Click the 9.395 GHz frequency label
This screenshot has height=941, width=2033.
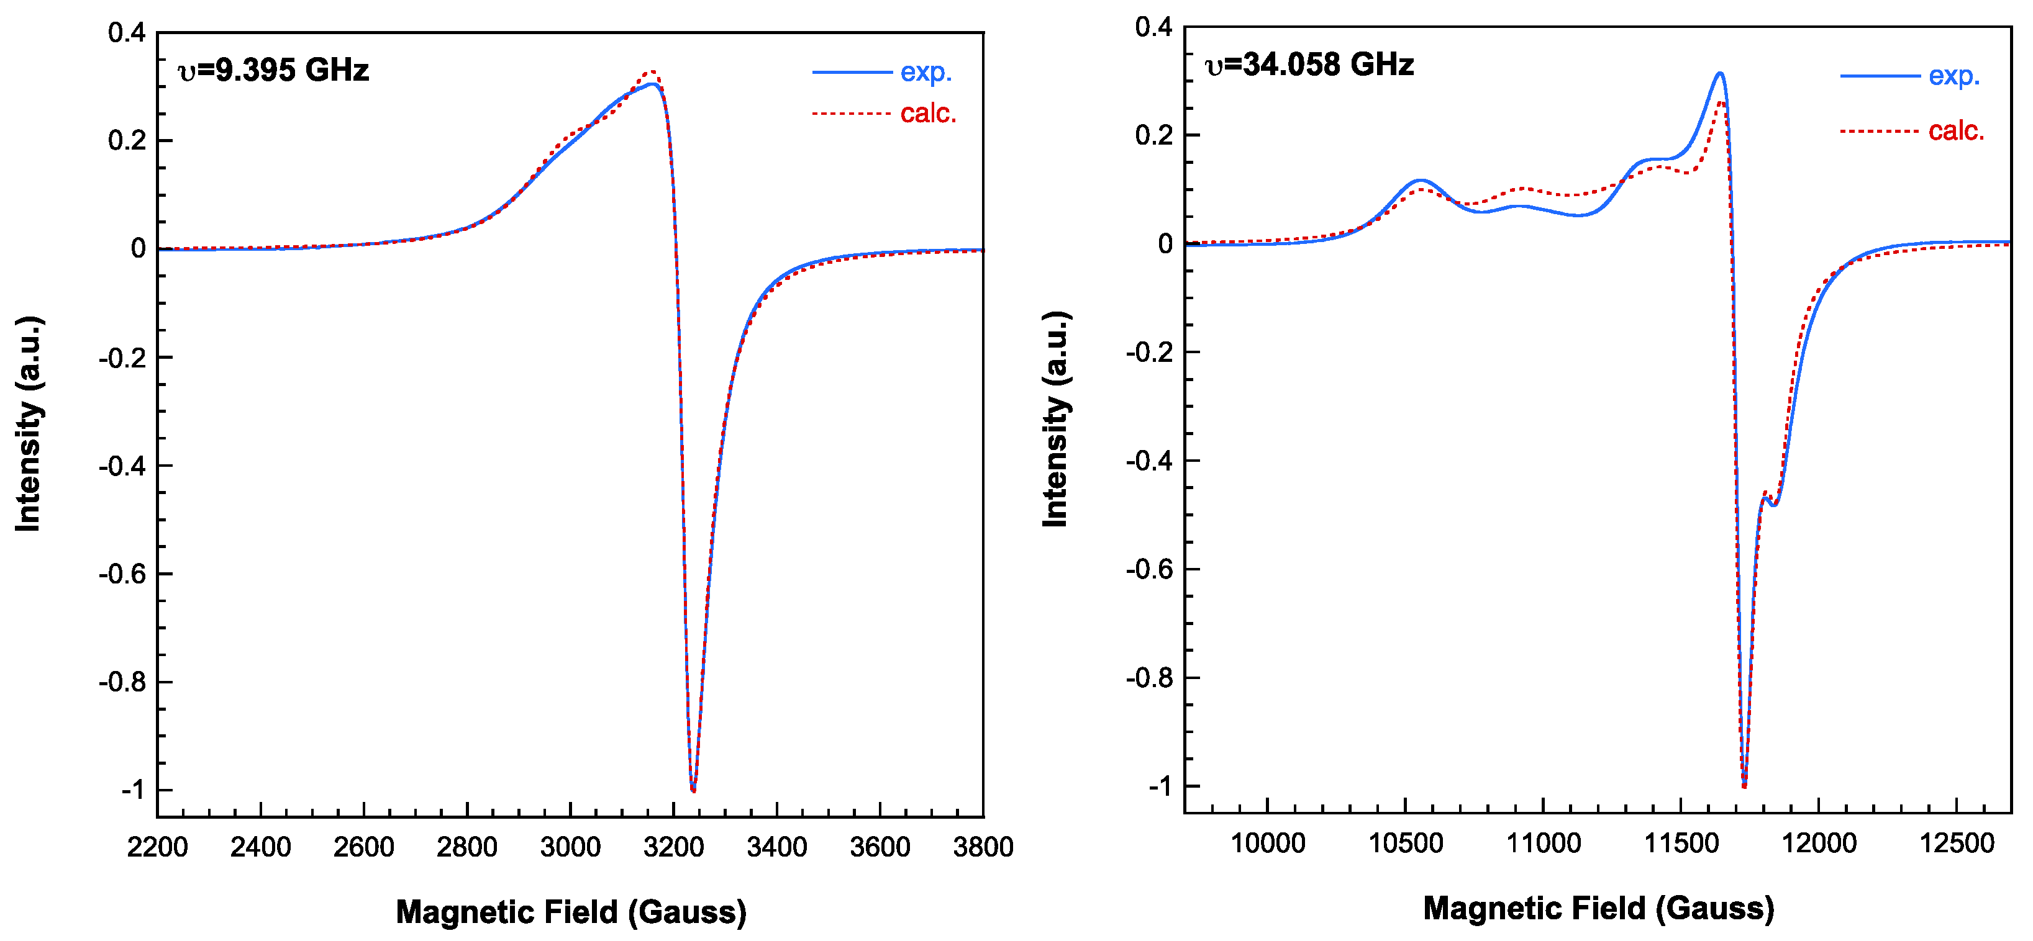274,70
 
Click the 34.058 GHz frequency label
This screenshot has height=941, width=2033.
1309,65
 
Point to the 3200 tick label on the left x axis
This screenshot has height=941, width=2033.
673,847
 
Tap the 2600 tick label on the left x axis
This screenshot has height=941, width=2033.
364,847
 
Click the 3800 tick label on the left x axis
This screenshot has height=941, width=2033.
983,847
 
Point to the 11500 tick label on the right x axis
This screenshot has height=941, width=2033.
1681,843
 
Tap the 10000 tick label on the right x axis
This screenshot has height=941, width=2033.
1268,843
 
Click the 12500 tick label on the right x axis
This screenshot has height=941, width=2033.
1957,843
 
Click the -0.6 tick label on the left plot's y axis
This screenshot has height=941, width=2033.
122,574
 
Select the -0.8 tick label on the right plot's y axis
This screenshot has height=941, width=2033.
1149,678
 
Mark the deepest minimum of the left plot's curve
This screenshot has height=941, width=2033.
693,789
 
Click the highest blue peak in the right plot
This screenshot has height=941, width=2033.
1720,74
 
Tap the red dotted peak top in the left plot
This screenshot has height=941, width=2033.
652,72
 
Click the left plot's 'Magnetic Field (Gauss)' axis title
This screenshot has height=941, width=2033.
571,912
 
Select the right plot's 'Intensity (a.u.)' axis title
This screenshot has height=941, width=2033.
1055,419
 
